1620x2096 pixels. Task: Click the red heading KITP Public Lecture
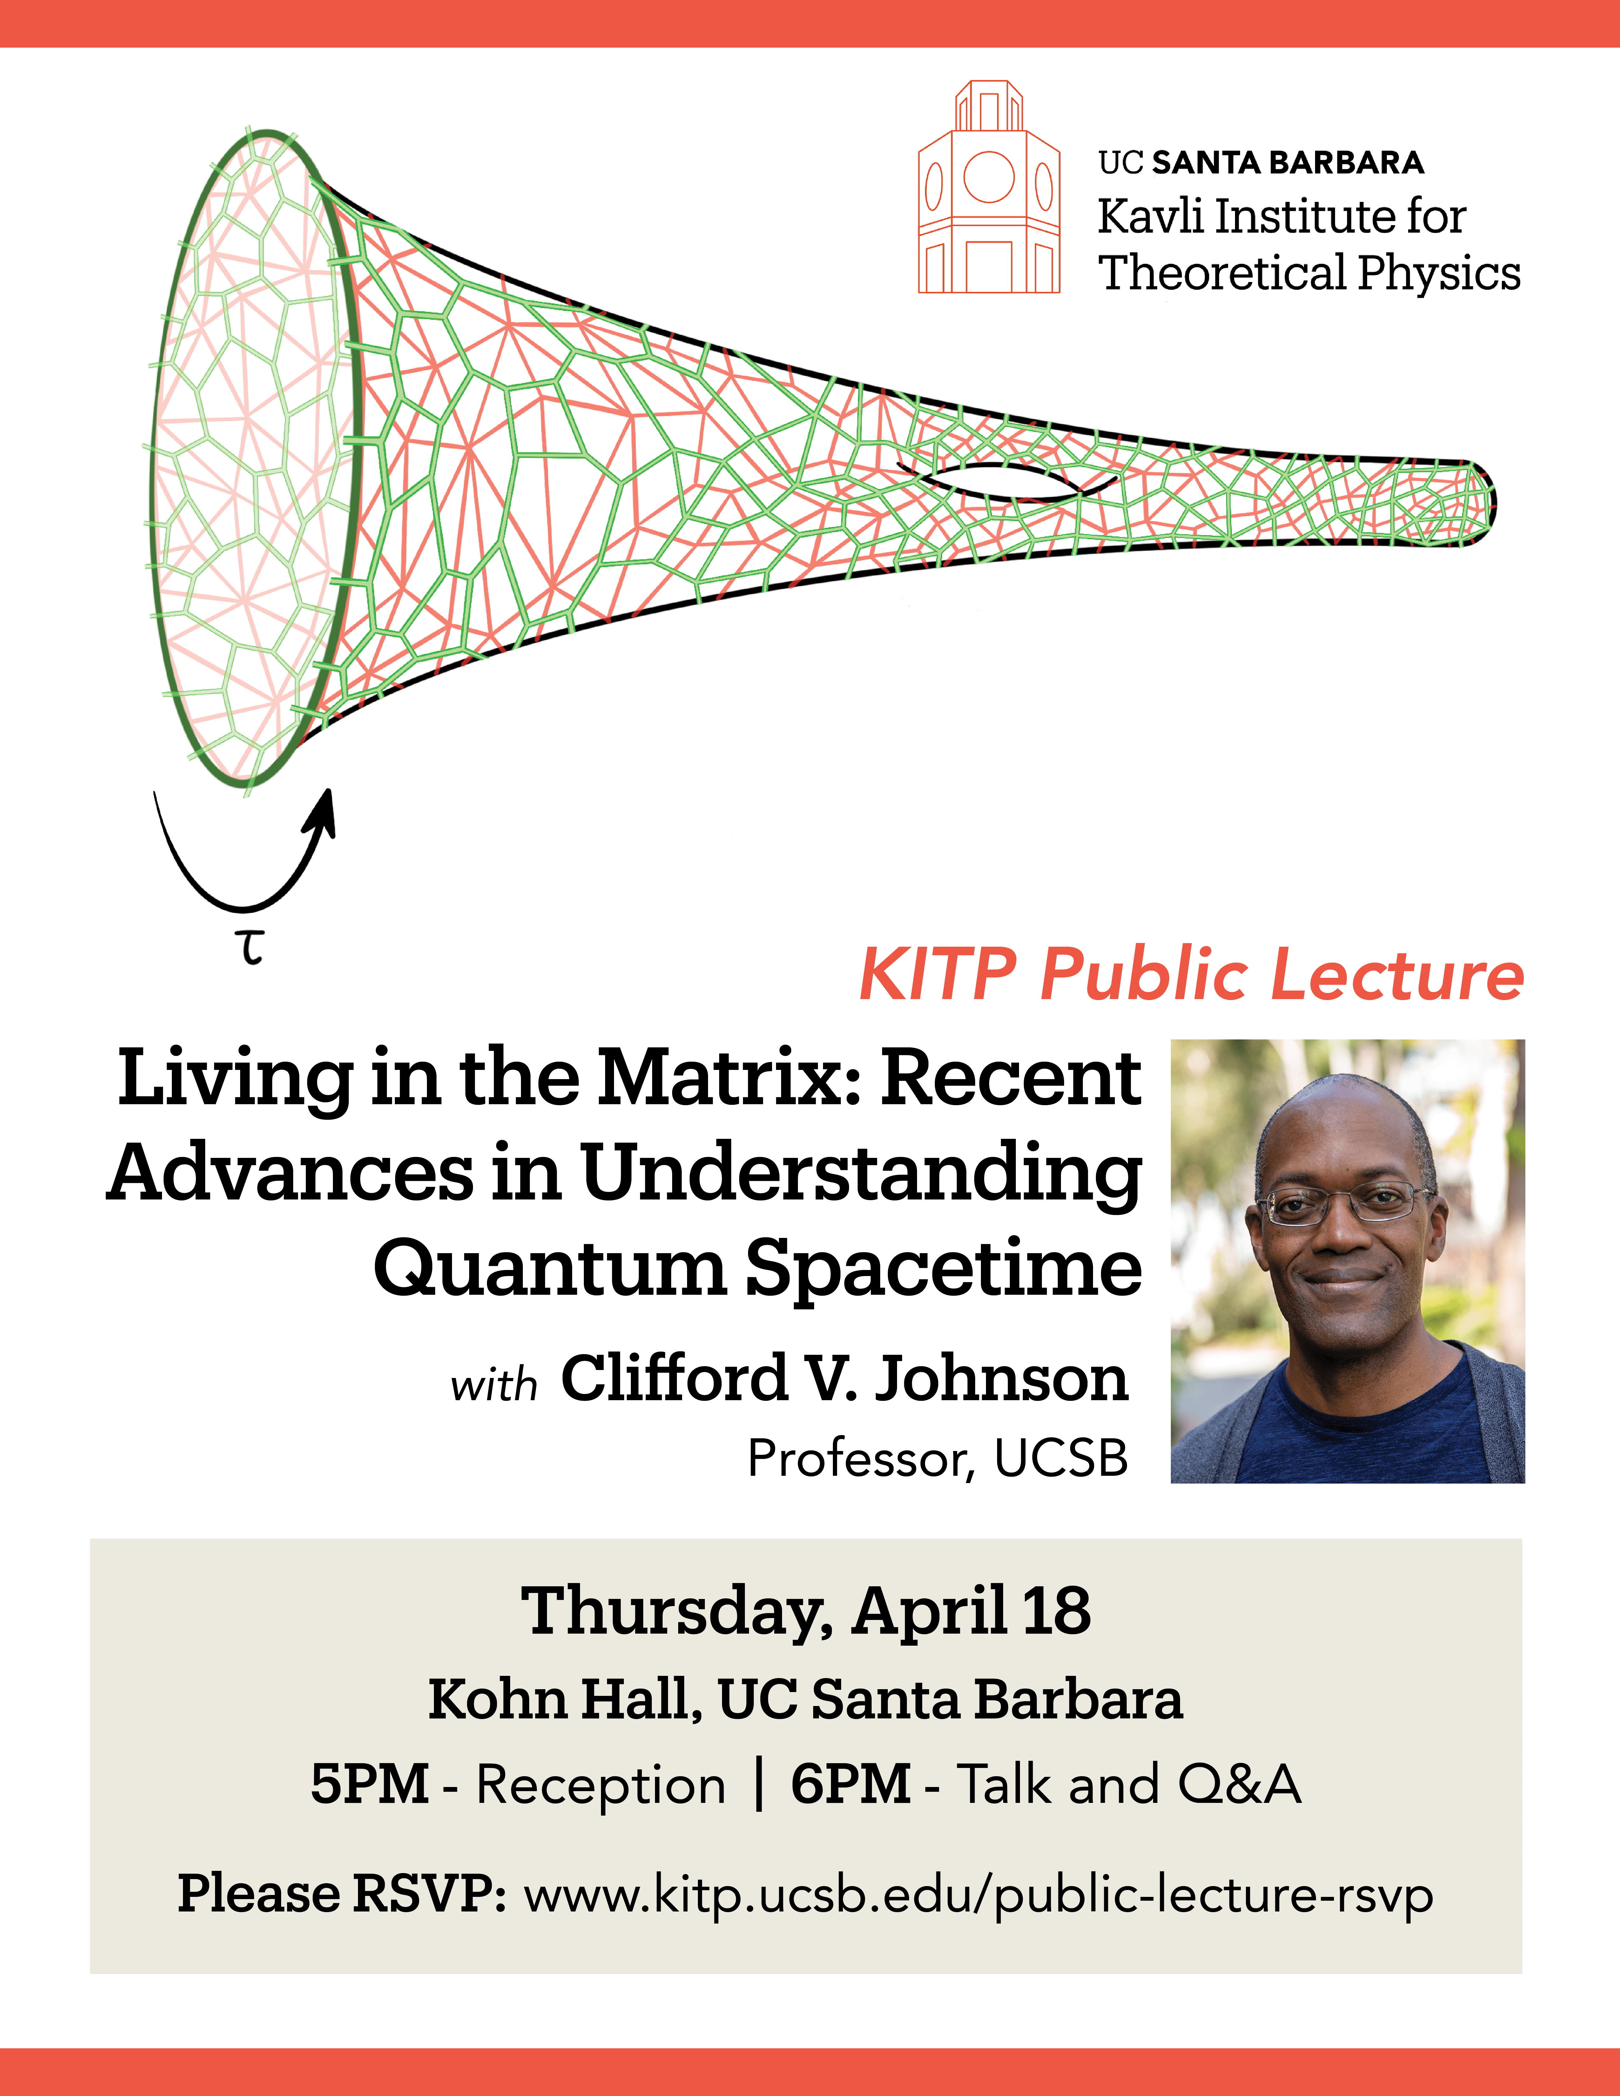(x=1190, y=975)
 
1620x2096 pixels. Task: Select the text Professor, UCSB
(x=938, y=1459)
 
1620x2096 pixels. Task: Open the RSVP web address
(x=977, y=1895)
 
